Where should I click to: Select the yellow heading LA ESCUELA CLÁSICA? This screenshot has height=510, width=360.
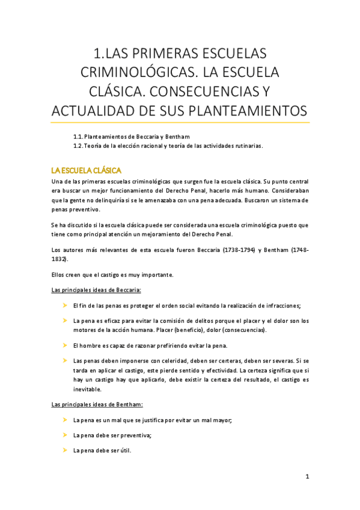(87, 171)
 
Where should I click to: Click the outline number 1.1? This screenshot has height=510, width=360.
(78, 136)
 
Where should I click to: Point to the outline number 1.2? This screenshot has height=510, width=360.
(78, 146)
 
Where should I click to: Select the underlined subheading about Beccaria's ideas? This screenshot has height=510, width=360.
(96, 290)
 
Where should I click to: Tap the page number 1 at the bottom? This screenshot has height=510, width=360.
(307, 477)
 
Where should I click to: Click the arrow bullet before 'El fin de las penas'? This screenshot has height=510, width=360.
(64, 306)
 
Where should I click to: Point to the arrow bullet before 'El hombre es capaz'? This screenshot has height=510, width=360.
(64, 346)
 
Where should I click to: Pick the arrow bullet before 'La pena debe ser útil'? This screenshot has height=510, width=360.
(64, 450)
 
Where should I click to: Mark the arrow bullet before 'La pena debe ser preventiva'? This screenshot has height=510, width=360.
(64, 435)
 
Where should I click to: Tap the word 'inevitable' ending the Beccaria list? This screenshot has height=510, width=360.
(87, 390)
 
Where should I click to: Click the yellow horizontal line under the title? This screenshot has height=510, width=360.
(180, 123)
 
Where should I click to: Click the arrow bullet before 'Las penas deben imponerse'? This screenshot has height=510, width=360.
(64, 360)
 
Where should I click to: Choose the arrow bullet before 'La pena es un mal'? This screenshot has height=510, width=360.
(64, 420)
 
